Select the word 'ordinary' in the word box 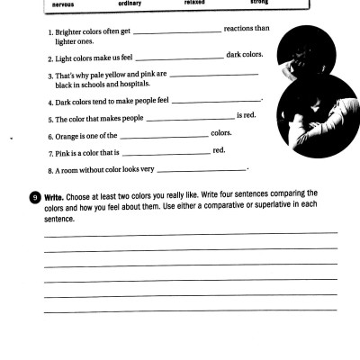coord(130,4)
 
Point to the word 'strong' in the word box coord(259,3)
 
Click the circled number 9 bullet coord(34,195)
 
